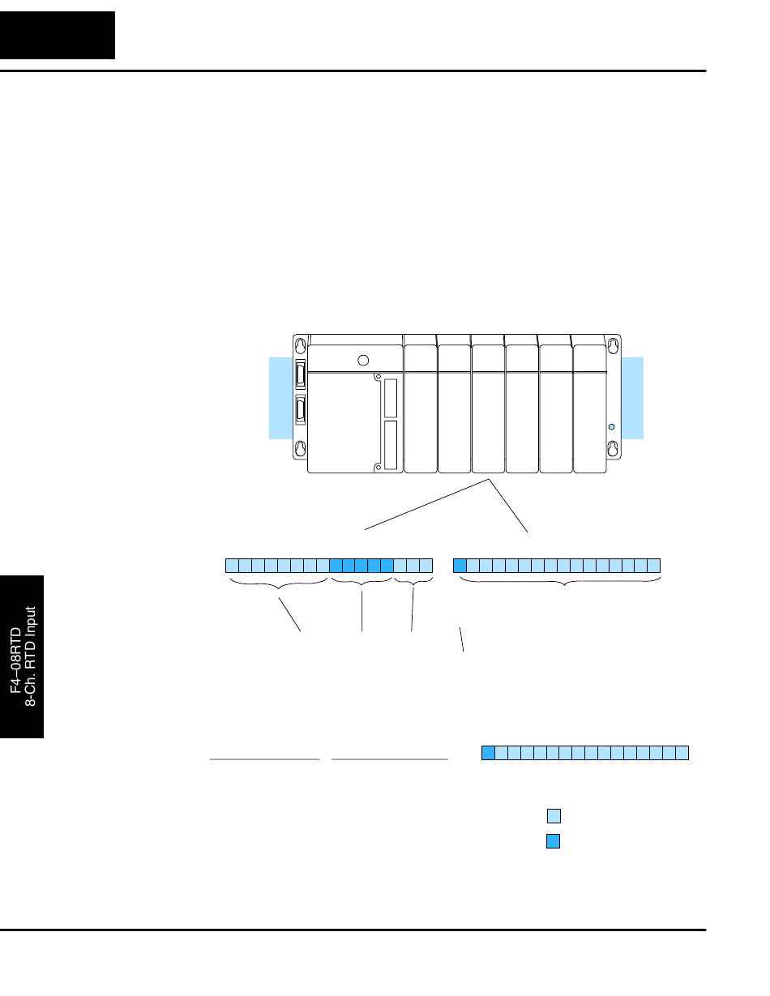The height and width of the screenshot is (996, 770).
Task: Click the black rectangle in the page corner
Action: [58, 35]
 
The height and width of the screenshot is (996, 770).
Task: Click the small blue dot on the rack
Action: [612, 426]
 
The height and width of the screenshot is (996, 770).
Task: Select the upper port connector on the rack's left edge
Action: [302, 374]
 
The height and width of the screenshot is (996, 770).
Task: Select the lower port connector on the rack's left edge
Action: [302, 410]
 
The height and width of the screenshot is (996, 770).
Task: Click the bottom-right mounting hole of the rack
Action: [614, 447]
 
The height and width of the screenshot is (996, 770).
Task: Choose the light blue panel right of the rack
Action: [633, 397]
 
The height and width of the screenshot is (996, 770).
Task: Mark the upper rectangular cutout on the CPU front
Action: [391, 398]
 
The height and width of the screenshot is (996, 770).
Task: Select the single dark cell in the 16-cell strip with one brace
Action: [460, 566]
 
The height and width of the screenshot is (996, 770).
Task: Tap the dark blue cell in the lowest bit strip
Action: [488, 753]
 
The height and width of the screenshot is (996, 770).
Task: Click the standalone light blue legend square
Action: [554, 816]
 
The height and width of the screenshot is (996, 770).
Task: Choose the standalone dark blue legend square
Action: [554, 841]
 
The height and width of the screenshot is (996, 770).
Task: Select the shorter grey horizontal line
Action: [265, 759]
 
